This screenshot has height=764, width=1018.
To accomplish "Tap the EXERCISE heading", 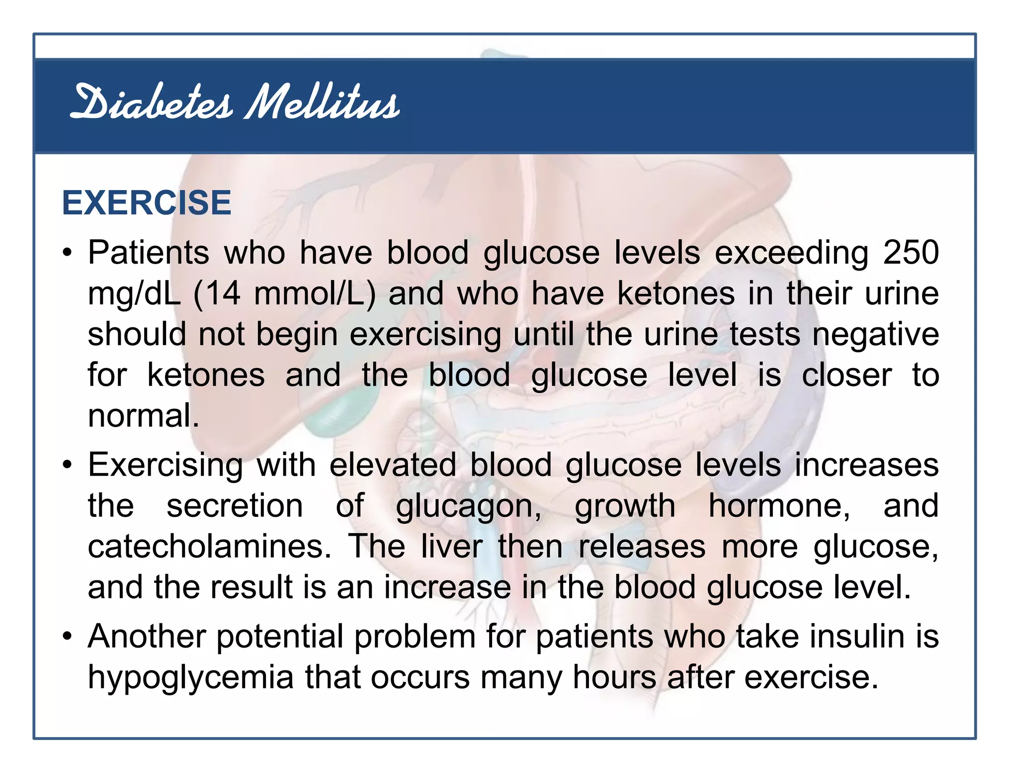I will [x=147, y=203].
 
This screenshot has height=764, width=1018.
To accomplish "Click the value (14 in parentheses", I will [x=217, y=293].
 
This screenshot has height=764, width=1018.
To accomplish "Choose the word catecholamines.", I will [x=209, y=546].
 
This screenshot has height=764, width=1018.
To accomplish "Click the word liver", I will [x=452, y=546].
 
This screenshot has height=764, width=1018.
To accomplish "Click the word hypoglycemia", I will [x=191, y=678].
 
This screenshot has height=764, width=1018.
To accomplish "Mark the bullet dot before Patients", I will [x=68, y=253].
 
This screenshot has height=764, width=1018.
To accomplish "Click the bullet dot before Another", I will [x=68, y=637].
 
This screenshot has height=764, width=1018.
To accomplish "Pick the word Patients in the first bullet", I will [x=149, y=252].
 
